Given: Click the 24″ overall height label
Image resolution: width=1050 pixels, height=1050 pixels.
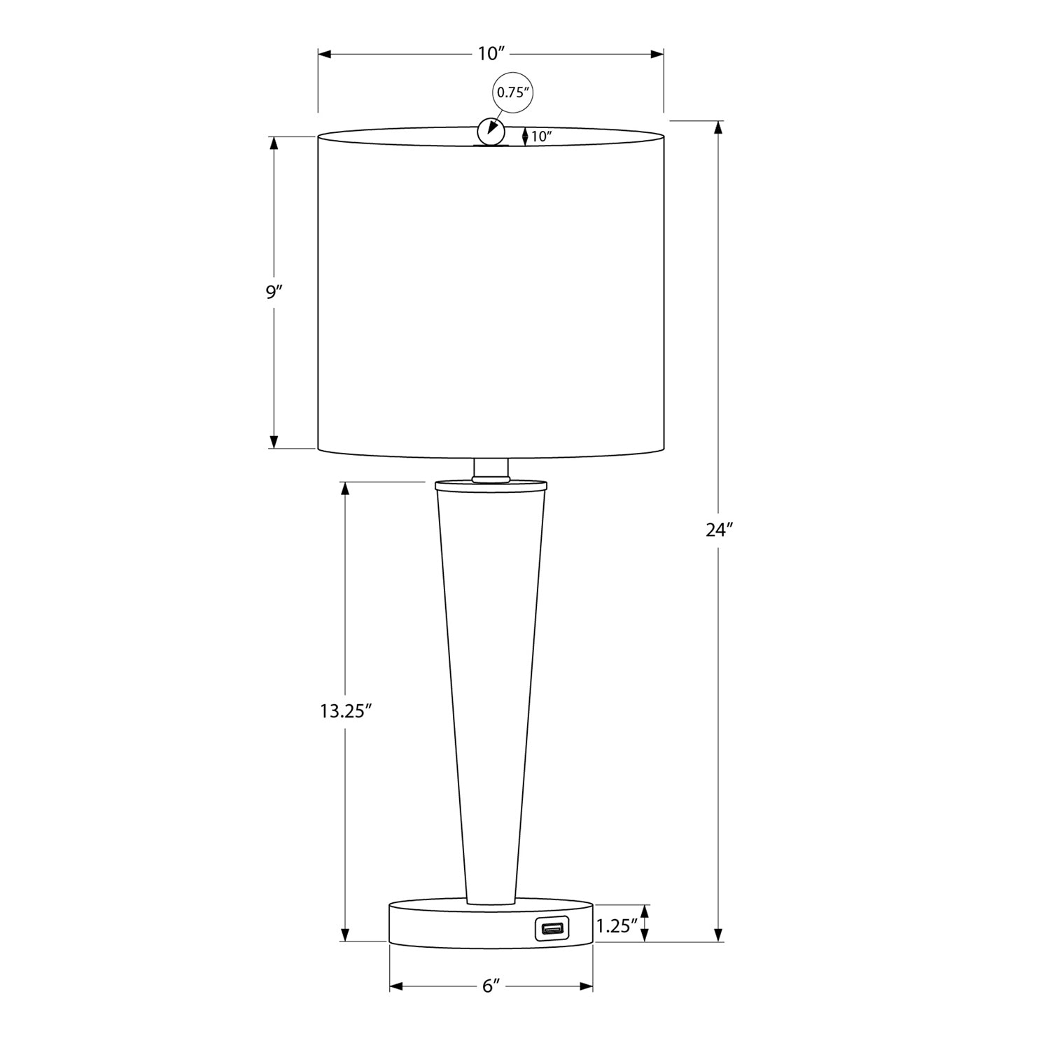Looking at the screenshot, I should pyautogui.click(x=718, y=530).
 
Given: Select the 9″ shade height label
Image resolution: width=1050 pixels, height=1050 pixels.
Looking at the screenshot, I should pyautogui.click(x=273, y=292).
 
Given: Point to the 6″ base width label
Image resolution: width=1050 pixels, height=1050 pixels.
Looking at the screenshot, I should pyautogui.click(x=491, y=986).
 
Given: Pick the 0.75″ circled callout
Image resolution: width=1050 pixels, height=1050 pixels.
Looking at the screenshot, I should pyautogui.click(x=510, y=92).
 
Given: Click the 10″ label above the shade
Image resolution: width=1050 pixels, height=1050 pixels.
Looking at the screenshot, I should pyautogui.click(x=491, y=54).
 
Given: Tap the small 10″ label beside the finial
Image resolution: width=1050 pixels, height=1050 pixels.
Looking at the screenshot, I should pyautogui.click(x=541, y=136).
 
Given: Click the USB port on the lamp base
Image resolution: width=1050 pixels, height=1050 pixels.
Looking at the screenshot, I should pyautogui.click(x=552, y=929).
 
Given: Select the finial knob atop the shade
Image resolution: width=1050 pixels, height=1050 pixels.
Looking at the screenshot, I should pyautogui.click(x=491, y=131).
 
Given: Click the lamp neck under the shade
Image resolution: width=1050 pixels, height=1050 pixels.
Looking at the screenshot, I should pyautogui.click(x=491, y=469).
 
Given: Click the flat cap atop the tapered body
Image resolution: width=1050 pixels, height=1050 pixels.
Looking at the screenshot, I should pyautogui.click(x=491, y=484).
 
